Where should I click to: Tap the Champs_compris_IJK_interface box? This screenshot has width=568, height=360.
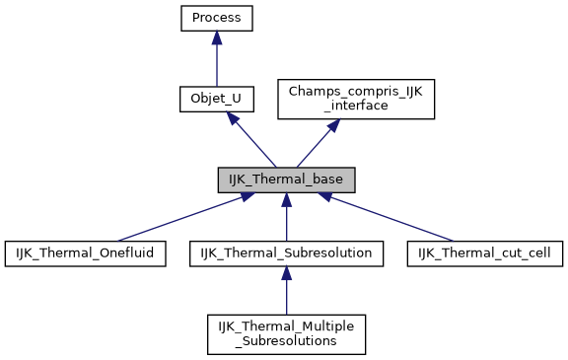pyautogui.click(x=355, y=99)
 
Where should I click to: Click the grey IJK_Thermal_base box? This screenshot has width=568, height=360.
pyautogui.click(x=286, y=180)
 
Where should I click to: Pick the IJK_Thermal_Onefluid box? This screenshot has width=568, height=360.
pyautogui.click(x=85, y=253)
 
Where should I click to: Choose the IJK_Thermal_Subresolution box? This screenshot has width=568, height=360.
pyautogui.click(x=286, y=253)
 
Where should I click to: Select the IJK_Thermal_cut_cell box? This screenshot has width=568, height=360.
pyautogui.click(x=485, y=253)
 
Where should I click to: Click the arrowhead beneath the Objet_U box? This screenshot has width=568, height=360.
pyautogui.click(x=230, y=117)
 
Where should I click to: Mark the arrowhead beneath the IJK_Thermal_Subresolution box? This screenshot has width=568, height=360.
pyautogui.click(x=286, y=273)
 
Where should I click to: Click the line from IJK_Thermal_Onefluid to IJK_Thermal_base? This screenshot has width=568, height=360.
pyautogui.click(x=177, y=220)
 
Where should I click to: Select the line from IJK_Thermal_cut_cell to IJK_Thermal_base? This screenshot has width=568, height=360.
pyautogui.click(x=394, y=220)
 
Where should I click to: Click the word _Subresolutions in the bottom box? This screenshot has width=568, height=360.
pyautogui.click(x=286, y=341)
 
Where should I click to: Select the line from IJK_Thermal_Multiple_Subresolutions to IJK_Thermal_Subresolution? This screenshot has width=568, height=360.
pyautogui.click(x=286, y=296)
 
